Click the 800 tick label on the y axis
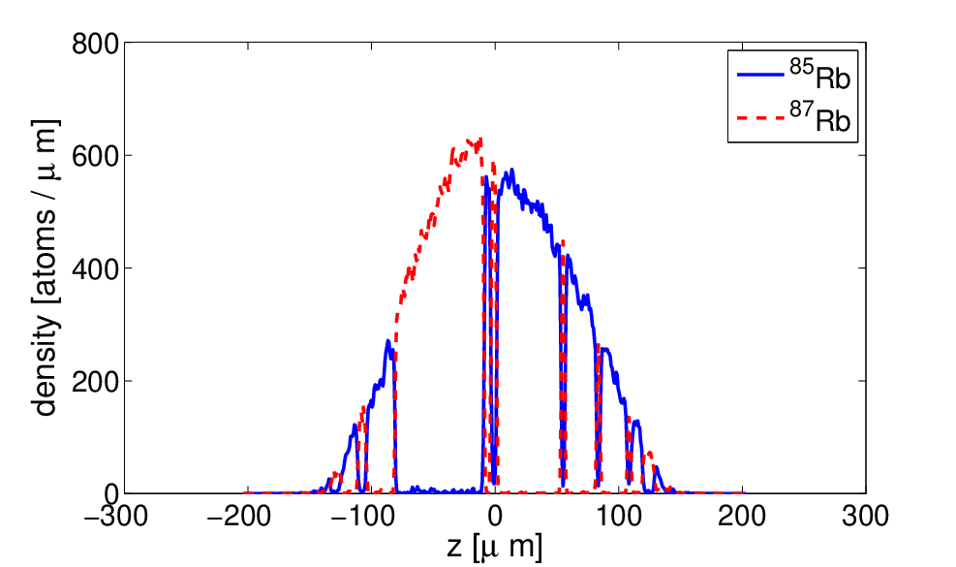coord(95,45)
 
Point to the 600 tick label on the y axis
coord(95,157)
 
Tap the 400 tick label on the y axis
coord(95,269)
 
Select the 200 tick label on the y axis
coord(95,382)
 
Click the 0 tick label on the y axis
coord(111,493)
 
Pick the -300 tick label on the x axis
coord(117,518)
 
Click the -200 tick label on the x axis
coord(239,518)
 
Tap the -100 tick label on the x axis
coord(363,518)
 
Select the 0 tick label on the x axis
coord(495,518)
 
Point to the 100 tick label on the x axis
coord(619,518)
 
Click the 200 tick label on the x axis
coord(742,518)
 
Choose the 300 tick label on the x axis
coord(866,518)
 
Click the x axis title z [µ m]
coord(494,547)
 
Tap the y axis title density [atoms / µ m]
coord(46,268)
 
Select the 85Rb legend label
coord(820,76)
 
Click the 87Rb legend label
coord(820,117)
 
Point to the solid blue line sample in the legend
coord(760,75)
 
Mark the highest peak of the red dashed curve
coord(479,140)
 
